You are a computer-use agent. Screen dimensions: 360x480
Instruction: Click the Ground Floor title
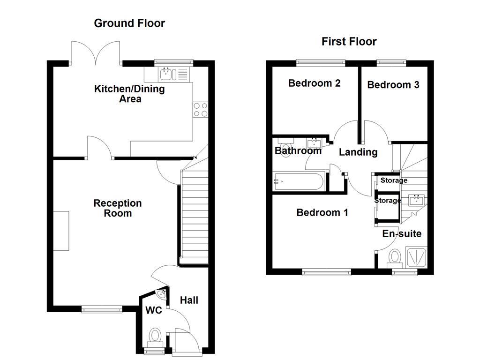pyautogui.click(x=129, y=23)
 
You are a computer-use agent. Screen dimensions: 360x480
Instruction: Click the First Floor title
pyautogui.click(x=349, y=41)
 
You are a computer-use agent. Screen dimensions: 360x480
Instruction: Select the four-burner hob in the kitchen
pyautogui.click(x=201, y=109)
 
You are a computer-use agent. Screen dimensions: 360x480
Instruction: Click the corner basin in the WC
pyautogui.click(x=161, y=294)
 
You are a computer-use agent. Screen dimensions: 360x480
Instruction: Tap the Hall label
pyautogui.click(x=189, y=300)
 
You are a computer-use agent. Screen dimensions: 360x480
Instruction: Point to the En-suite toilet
pyautogui.click(x=395, y=257)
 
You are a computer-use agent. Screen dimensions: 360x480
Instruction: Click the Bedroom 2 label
pyautogui.click(x=314, y=83)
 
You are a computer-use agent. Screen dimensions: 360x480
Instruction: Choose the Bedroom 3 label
pyautogui.click(x=393, y=84)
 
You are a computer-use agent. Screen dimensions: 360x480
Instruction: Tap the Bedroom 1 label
pyautogui.click(x=322, y=212)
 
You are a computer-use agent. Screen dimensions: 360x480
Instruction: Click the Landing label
pyautogui.click(x=358, y=152)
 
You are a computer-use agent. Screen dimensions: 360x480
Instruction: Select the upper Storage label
pyautogui.click(x=393, y=180)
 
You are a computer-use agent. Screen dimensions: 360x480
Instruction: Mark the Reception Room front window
pyautogui.click(x=102, y=309)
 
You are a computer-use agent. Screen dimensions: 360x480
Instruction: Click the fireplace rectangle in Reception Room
pyautogui.click(x=61, y=231)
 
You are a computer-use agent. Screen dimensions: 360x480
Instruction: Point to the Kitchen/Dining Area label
pyautogui.click(x=130, y=94)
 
